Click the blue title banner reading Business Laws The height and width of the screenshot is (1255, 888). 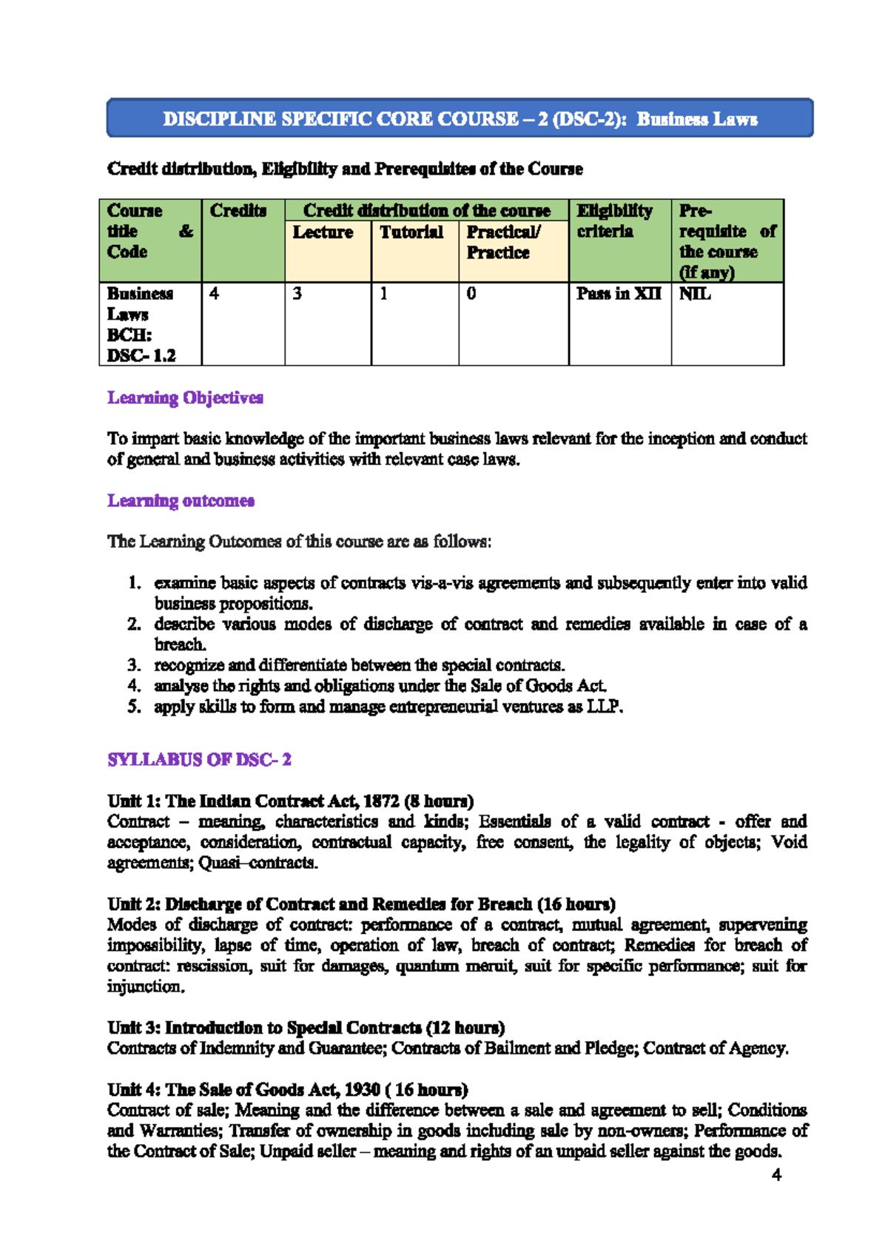click(460, 118)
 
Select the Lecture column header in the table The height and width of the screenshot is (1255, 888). click(323, 232)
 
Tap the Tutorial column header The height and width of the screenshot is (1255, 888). click(411, 232)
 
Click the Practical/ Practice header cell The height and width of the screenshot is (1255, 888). click(502, 242)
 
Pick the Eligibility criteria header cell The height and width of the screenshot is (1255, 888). click(614, 221)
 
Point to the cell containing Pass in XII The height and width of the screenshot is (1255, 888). click(619, 294)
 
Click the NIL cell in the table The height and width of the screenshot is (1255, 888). click(695, 294)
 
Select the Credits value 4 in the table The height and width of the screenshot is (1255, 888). click(214, 294)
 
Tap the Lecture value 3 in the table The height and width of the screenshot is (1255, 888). click(297, 294)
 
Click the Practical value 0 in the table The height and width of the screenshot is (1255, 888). click(471, 294)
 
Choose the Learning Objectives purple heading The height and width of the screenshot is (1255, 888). click(185, 398)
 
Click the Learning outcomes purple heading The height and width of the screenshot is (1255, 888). click(181, 501)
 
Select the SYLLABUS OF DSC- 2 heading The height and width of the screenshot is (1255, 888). click(199, 760)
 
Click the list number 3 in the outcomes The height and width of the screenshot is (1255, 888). click(134, 665)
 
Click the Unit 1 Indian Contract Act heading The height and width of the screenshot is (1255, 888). click(290, 801)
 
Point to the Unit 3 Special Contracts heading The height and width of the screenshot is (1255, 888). click(306, 1028)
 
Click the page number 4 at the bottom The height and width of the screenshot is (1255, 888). click(776, 1175)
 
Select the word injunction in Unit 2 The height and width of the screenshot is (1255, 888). click(144, 987)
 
